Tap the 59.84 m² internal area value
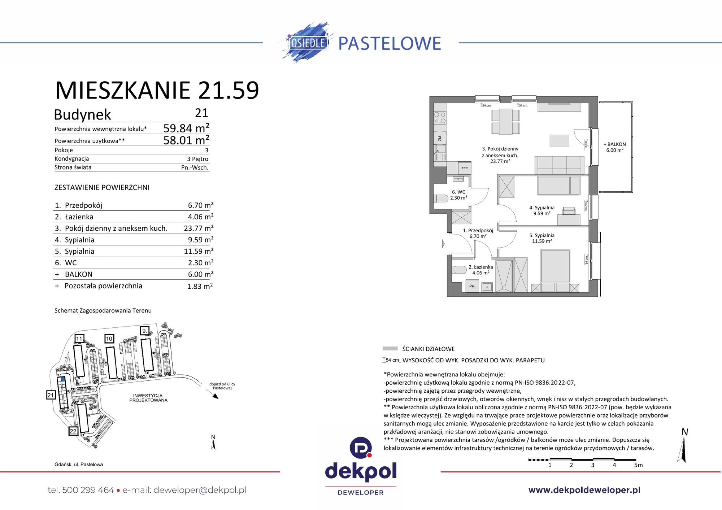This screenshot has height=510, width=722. (186, 128)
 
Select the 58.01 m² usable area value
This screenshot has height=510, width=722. (186, 140)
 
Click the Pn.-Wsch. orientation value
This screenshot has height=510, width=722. (195, 167)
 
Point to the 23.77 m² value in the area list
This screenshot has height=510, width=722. (198, 228)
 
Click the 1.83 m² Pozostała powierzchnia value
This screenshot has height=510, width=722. (200, 286)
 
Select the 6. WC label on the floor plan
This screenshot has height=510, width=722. (458, 192)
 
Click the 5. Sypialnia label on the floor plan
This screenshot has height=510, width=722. (541, 235)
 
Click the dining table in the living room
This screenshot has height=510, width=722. (505, 122)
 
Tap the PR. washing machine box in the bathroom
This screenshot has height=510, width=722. (472, 286)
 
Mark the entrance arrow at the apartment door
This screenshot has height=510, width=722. (443, 244)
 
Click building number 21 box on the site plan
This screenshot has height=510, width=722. (51, 395)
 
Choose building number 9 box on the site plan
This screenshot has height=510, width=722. (144, 331)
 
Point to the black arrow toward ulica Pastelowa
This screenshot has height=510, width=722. (215, 396)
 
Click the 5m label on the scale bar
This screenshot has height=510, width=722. (638, 465)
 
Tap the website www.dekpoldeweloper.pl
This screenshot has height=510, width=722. (584, 490)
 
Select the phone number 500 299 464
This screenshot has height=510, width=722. (88, 490)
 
